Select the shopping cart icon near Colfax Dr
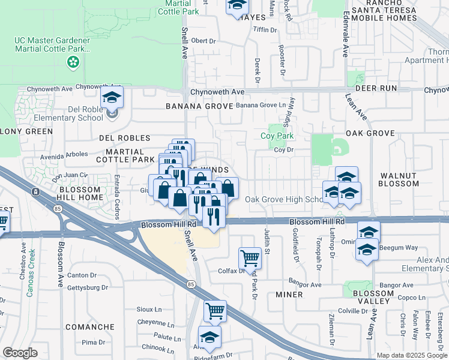[x=250, y=259]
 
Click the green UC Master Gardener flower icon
[x=73, y=61]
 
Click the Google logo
[x=19, y=353]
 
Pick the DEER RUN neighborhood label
[x=376, y=88]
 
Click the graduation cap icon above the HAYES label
[x=237, y=5]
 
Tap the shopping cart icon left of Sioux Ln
[x=215, y=311]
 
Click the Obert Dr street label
[x=203, y=41]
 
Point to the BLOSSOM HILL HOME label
[x=82, y=193]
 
